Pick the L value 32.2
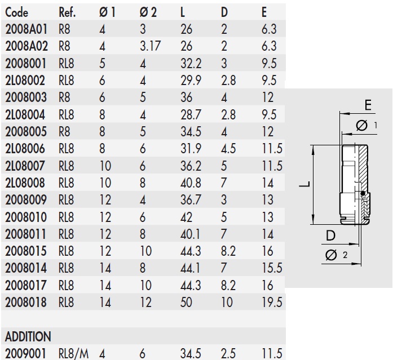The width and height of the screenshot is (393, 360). pyautogui.click(x=191, y=64)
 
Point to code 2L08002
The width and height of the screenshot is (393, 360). pyautogui.click(x=25, y=81)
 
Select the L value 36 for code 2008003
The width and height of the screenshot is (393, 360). pyautogui.click(x=187, y=97)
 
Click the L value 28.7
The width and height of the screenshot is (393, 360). pyautogui.click(x=191, y=115)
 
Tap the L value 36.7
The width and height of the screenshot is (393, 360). pyautogui.click(x=191, y=200)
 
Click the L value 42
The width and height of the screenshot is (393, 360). pyautogui.click(x=187, y=217)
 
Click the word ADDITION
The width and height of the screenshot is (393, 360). pyautogui.click(x=28, y=337)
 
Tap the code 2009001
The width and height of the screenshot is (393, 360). pyautogui.click(x=25, y=354)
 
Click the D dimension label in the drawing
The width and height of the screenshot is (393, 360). pyautogui.click(x=332, y=237)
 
